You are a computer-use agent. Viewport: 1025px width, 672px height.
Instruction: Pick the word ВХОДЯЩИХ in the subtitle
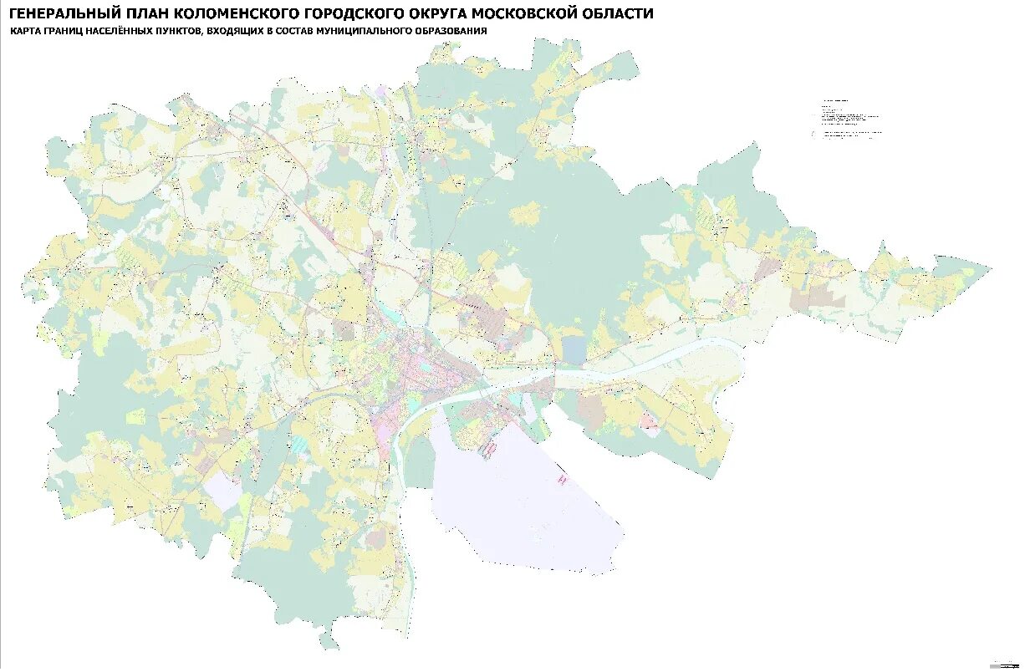[x=239, y=31]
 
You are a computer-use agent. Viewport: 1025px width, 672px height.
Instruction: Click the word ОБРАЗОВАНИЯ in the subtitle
[x=450, y=31]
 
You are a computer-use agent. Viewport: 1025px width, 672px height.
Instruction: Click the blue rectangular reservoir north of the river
[x=574, y=349]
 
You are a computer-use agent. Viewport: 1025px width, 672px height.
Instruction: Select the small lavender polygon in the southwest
[x=222, y=490]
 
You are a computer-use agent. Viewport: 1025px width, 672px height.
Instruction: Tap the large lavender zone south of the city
[x=518, y=501]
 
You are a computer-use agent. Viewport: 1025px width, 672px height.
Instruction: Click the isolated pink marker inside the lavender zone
[x=563, y=481]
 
